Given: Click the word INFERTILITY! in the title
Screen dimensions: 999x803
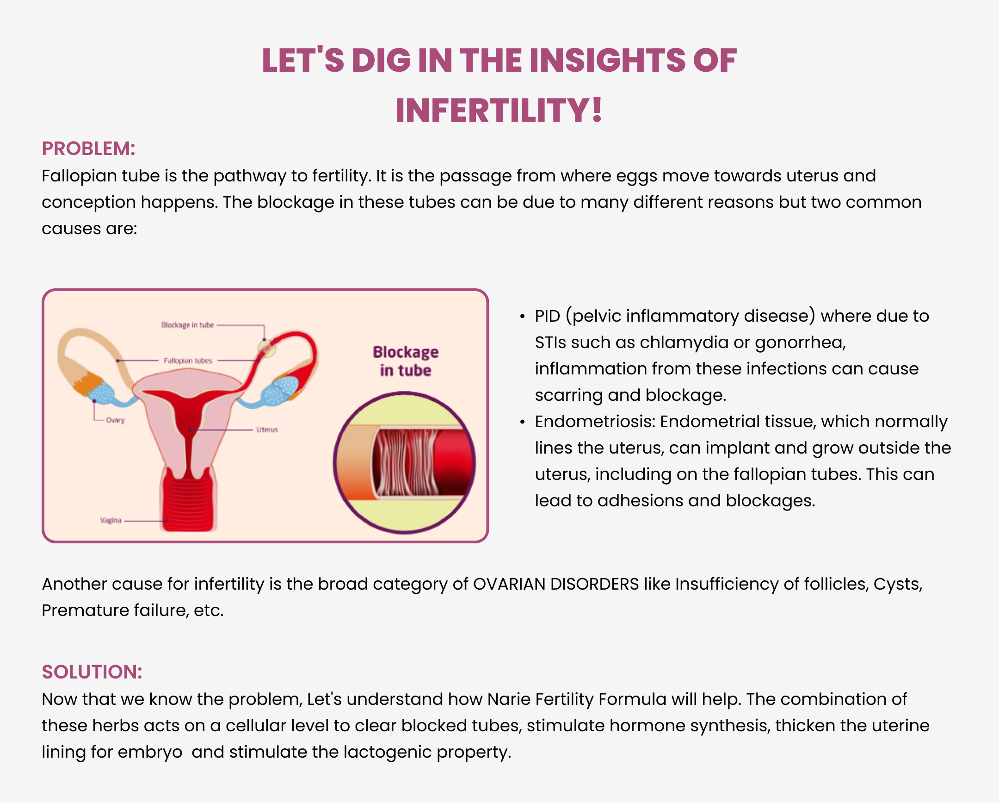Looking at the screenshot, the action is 499,110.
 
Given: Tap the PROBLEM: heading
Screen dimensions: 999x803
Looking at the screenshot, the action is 88,149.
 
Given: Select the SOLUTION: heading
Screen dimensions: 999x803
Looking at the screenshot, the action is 92,672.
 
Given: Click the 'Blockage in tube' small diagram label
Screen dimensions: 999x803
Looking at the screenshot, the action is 188,325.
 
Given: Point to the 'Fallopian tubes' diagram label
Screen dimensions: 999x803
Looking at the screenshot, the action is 188,361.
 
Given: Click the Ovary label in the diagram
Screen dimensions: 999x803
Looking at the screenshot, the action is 115,420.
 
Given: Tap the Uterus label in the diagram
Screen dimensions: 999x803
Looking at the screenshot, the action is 267,430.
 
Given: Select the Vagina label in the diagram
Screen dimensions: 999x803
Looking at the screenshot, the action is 111,520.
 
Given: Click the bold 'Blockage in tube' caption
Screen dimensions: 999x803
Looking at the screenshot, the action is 406,361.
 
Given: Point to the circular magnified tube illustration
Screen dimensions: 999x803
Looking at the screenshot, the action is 405,463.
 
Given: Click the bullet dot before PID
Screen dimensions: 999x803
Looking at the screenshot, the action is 522,317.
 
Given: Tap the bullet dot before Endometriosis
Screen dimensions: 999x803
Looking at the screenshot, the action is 522,422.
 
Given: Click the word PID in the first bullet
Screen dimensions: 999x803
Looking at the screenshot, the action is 548,316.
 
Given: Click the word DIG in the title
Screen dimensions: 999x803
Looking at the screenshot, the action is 381,61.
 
